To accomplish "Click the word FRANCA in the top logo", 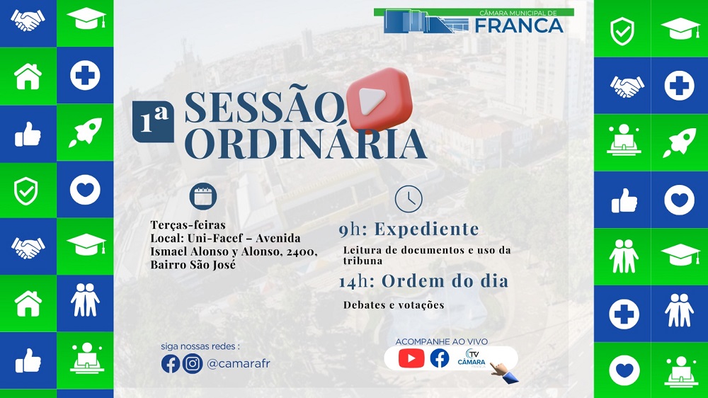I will pos(519,25).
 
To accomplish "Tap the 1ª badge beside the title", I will pos(153,121).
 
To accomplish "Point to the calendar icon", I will pos(204,196).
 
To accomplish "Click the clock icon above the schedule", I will pos(409,199).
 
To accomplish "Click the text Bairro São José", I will pos(193,265).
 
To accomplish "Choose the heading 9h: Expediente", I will pos(409,229).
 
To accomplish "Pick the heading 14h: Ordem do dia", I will pos(423,281).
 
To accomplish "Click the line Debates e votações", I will pos(394,305).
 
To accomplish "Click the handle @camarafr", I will pos(239,363).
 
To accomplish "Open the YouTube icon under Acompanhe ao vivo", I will pos(411,358).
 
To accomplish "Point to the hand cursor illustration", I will pos(503,371).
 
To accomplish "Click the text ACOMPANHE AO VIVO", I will pos(441,341).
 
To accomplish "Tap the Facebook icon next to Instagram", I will pos(171,363).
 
